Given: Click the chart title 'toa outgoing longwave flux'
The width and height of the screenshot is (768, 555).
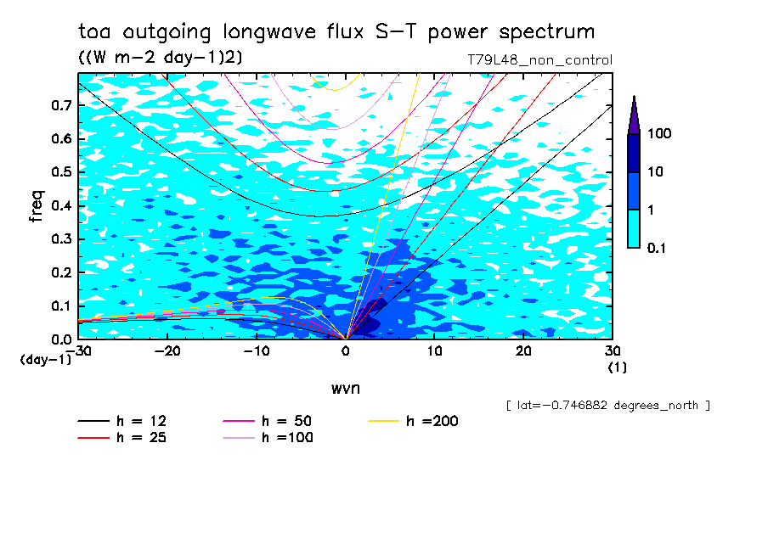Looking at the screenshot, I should (336, 32).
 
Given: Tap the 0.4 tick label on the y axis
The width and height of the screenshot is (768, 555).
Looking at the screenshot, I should (62, 205).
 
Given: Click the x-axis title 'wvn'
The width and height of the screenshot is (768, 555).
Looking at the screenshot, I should (343, 388).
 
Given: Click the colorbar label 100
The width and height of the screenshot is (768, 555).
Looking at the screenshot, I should (659, 133).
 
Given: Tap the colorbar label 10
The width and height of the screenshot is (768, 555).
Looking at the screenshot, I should (656, 171).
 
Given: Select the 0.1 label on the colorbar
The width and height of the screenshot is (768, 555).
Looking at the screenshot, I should (657, 247).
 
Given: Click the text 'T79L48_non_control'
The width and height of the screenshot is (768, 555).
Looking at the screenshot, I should (539, 60).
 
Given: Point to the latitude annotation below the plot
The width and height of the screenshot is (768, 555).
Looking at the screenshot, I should (607, 406).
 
